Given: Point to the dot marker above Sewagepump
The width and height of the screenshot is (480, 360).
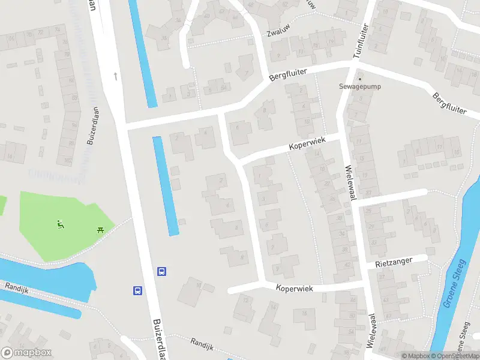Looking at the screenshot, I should [360, 78].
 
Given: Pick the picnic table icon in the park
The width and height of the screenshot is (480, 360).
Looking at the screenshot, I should [100, 230].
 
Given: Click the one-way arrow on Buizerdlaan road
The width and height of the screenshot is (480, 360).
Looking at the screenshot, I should [115, 76].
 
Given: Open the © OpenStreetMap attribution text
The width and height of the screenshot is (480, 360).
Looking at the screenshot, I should [454, 356].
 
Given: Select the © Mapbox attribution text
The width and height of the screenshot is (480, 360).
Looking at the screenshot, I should [416, 356].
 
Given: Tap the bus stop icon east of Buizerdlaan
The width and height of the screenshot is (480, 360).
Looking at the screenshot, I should [161, 271].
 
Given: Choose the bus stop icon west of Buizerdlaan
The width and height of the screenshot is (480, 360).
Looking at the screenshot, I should [137, 290].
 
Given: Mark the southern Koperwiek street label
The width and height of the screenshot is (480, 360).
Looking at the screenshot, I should [295, 288].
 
